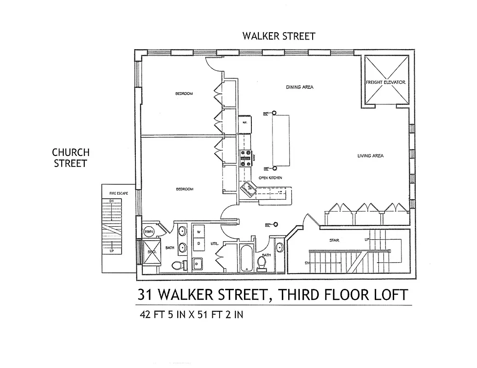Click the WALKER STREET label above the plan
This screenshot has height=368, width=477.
point(279,36)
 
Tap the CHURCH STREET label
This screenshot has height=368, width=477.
point(70,157)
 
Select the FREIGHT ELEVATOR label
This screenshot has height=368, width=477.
point(385,82)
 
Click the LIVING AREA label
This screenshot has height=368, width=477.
point(370,156)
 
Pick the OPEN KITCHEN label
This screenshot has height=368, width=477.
point(270,178)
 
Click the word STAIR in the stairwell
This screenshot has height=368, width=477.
point(334,240)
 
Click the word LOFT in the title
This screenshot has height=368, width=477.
point(387,295)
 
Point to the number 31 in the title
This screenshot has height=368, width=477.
point(147,295)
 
